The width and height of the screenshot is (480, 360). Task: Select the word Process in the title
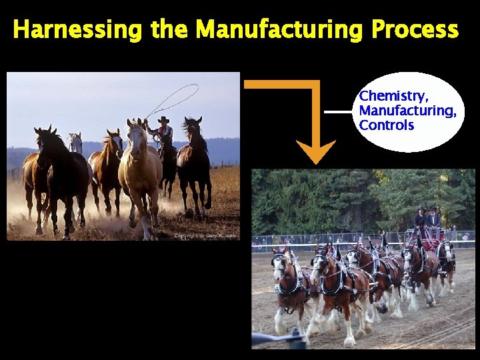pyautogui.click(x=415, y=30)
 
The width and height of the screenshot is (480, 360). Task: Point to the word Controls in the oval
pyautogui.click(x=387, y=125)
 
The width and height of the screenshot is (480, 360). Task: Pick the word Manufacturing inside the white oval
pyautogui.click(x=407, y=111)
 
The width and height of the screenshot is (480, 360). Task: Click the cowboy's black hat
pyautogui.click(x=163, y=119)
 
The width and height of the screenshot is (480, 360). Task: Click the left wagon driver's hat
pyautogui.click(x=421, y=209)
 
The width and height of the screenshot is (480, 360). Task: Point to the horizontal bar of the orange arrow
pyautogui.click(x=280, y=84)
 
